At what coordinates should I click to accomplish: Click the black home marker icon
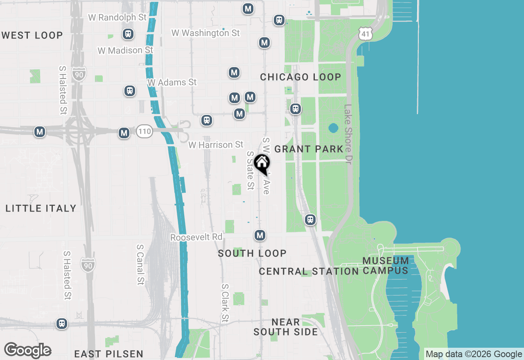(x=262, y=164)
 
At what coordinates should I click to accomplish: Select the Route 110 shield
(x=145, y=131)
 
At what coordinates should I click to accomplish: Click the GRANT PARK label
(x=309, y=149)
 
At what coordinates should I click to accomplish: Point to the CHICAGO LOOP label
(x=300, y=77)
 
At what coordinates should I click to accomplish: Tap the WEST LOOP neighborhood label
(x=32, y=35)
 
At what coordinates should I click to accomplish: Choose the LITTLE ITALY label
(x=41, y=208)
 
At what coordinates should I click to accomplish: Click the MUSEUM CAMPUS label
(x=386, y=265)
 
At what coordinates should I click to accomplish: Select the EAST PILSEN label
(x=109, y=354)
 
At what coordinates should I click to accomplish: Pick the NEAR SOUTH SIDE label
(x=286, y=327)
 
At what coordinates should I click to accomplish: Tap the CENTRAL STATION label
(x=309, y=271)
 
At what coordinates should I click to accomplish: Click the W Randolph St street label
(x=117, y=18)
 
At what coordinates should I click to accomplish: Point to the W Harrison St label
(x=216, y=145)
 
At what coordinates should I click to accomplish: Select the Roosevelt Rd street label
(x=196, y=237)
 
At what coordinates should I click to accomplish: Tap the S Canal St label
(x=140, y=264)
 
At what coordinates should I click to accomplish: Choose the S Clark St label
(x=224, y=303)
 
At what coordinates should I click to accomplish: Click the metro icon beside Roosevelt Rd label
(x=260, y=235)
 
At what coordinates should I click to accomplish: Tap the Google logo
(x=27, y=350)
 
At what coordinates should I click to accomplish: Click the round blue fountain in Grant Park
(x=333, y=128)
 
